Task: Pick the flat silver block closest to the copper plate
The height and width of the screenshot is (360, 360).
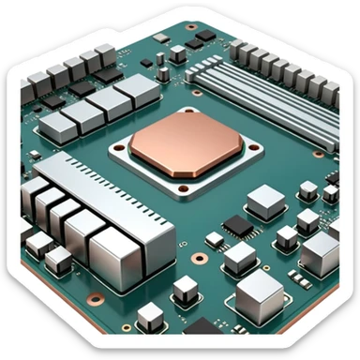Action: (134, 94)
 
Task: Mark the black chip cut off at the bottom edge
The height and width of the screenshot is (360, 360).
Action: (202, 327)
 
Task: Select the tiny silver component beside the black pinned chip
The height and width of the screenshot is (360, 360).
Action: (214, 239)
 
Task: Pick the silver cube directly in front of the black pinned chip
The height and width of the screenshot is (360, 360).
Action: (240, 256)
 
